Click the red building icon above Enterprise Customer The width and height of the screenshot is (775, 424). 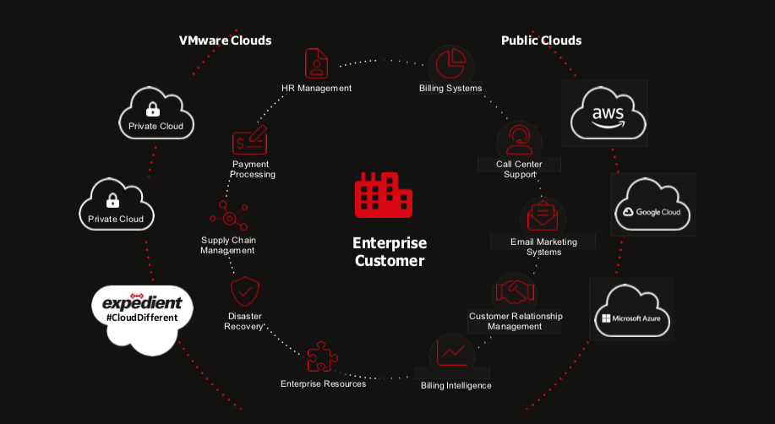(x=384, y=195)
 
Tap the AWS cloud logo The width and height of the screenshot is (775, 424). (x=608, y=114)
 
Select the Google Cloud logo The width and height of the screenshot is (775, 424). (x=652, y=204)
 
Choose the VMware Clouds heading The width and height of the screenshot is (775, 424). (x=225, y=41)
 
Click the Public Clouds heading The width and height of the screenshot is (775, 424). (x=541, y=41)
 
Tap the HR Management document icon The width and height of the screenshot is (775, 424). (x=316, y=63)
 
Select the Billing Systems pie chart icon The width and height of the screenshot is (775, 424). (x=450, y=63)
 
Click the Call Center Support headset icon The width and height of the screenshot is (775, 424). (x=519, y=140)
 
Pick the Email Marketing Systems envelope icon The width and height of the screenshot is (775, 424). (x=543, y=216)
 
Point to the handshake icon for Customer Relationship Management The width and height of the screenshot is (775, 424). (x=515, y=291)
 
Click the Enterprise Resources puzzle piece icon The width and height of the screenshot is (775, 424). (x=322, y=356)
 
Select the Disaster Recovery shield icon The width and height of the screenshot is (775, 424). (x=244, y=291)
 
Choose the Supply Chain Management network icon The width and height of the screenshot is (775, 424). (x=229, y=215)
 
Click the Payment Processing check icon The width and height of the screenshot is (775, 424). (x=249, y=140)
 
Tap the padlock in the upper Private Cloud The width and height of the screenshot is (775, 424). (x=153, y=109)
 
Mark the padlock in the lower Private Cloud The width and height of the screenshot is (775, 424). (x=112, y=200)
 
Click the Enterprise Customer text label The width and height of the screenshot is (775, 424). (x=390, y=252)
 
